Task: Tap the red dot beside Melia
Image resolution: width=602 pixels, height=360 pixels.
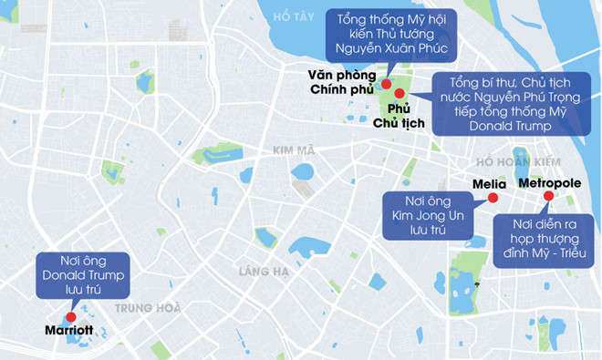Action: point(493,198)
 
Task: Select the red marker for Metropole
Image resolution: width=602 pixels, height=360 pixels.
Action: point(547,196)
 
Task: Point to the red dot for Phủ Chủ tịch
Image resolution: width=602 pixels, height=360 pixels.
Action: point(399,93)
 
